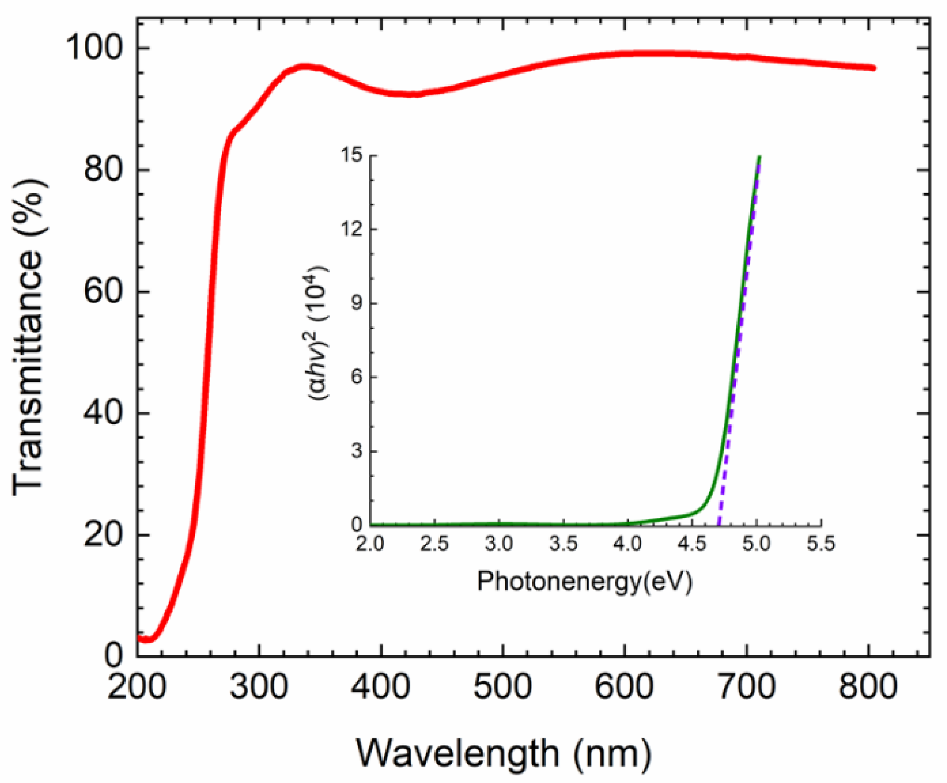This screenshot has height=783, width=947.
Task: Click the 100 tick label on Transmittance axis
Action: coord(94,48)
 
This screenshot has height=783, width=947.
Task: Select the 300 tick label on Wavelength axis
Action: coord(259,687)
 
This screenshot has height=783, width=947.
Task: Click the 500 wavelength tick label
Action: coord(502,687)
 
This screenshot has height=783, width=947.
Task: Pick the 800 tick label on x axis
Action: coord(868,687)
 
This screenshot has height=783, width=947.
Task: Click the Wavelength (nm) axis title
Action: coord(504,754)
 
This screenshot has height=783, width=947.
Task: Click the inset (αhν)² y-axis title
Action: coord(319,333)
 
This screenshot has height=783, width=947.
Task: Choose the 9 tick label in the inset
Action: coord(358,303)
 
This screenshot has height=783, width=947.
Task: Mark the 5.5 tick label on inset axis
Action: coord(821,544)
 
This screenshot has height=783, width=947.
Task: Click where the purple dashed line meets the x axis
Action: coord(719,525)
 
